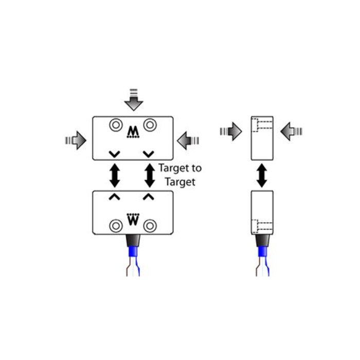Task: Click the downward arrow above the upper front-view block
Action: [x=134, y=100]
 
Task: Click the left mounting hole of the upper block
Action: [x=115, y=125]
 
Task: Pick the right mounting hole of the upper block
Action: [x=150, y=125]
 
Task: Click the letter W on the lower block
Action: [x=133, y=220]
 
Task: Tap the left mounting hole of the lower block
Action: [x=115, y=225]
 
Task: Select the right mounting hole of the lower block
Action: [x=150, y=225]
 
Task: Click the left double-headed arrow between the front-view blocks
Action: [x=115, y=175]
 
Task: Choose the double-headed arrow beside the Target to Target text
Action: [x=150, y=175]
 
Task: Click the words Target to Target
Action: [x=180, y=175]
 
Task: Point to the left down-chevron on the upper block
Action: [x=115, y=153]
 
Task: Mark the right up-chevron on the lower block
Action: [x=149, y=196]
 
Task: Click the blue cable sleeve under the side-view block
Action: [x=262, y=253]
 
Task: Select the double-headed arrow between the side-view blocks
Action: [x=262, y=175]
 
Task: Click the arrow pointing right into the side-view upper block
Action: [x=231, y=131]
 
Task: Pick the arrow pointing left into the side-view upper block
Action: [x=291, y=131]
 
